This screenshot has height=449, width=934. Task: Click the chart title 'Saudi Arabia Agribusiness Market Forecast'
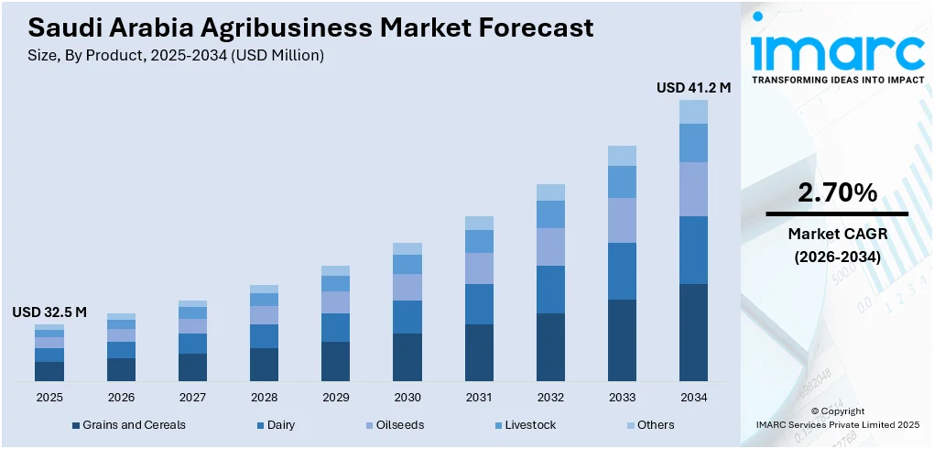303,27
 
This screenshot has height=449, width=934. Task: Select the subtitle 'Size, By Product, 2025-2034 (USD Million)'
169,56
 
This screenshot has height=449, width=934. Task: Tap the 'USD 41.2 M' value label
693,88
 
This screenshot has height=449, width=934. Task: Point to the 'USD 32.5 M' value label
49,312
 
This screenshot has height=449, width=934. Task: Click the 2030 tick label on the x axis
407,397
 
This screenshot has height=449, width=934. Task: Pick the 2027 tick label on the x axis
192,397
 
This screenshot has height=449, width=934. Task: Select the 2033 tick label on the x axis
622,397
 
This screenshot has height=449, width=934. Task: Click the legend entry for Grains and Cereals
134,425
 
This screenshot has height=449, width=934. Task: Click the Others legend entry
656,425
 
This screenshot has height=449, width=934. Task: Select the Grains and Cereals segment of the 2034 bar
693,332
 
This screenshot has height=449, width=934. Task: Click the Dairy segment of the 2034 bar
693,250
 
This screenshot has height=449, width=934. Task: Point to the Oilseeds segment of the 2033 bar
622,220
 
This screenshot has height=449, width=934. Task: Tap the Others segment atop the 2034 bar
693,112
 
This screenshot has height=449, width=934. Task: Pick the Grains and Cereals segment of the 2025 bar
49,371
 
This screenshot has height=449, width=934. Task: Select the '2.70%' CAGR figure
837,192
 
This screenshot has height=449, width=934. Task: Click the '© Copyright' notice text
837,411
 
